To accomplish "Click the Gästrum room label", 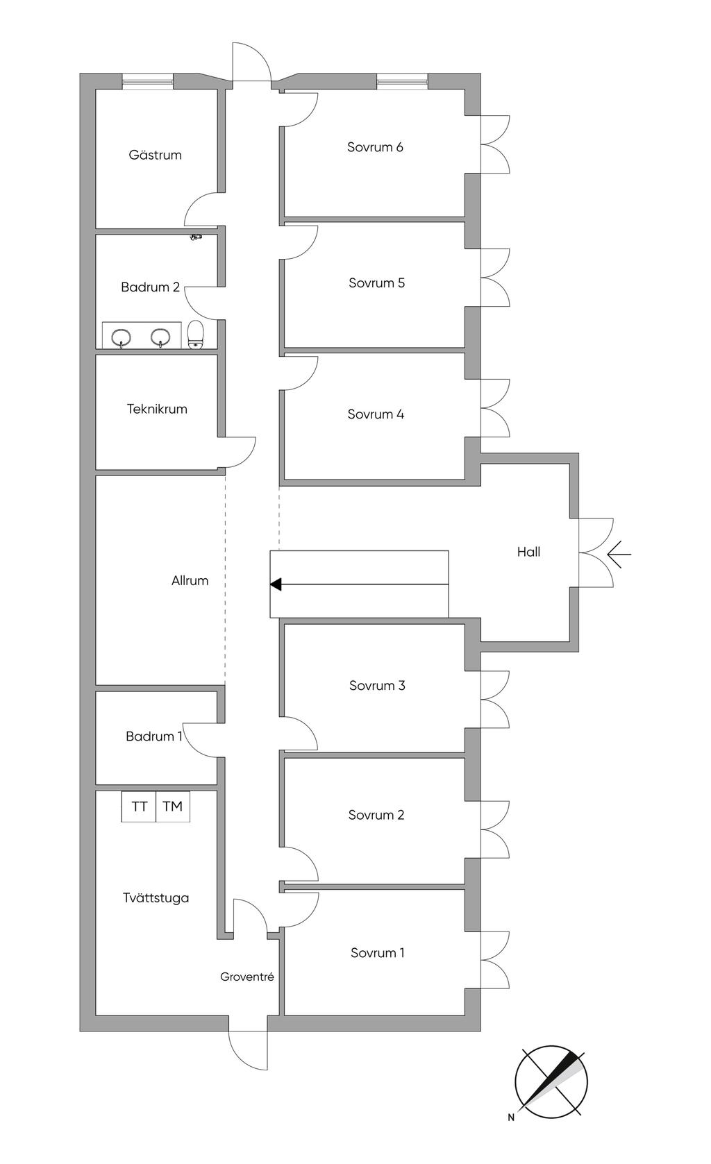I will click(x=155, y=155).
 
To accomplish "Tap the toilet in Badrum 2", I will click(x=196, y=335).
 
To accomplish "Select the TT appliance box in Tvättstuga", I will click(x=139, y=807).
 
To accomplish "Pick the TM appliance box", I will click(x=172, y=807).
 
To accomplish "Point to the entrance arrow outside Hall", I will click(x=619, y=554).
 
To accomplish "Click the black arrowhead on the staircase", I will click(x=276, y=584).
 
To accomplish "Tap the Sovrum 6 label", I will click(x=375, y=147).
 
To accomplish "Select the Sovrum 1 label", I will click(x=377, y=953).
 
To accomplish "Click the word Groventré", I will click(x=247, y=977).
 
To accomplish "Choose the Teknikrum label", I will click(x=157, y=409).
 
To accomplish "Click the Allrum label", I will click(x=190, y=580).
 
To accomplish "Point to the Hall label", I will click(x=528, y=552).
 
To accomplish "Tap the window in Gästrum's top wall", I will click(x=148, y=82).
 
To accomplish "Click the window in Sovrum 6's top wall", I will click(x=402, y=82).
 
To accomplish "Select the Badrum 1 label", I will click(x=153, y=736).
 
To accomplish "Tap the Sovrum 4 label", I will click(x=376, y=414).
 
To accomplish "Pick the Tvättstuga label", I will click(x=156, y=897).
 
